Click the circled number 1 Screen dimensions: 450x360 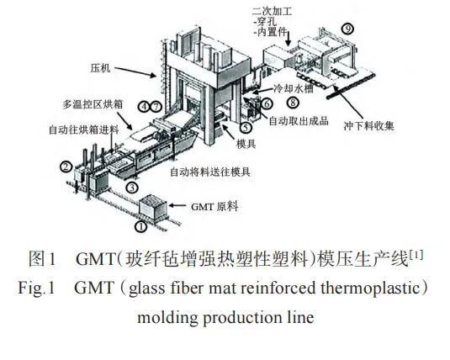click(140, 226)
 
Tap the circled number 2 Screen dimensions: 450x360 click(66, 167)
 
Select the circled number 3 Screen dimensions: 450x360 click(132, 188)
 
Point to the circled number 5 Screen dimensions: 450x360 click(246, 127)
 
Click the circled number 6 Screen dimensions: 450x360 click(267, 103)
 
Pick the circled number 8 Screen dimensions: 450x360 click(293, 103)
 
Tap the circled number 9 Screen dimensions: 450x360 click(347, 29)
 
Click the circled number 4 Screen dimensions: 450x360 click(144, 107)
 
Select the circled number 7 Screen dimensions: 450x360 click(156, 107)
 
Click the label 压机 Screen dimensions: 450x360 click(100, 68)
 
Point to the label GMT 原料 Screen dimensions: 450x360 click(214, 206)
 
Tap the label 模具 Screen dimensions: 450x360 click(246, 144)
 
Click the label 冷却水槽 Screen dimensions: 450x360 click(294, 88)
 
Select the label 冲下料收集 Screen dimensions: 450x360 click(369, 125)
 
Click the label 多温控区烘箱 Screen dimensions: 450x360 click(93, 104)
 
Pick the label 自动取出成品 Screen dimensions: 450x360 click(299, 121)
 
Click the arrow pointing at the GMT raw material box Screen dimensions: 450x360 click(177, 205)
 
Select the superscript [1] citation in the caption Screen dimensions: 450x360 click(416, 254)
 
